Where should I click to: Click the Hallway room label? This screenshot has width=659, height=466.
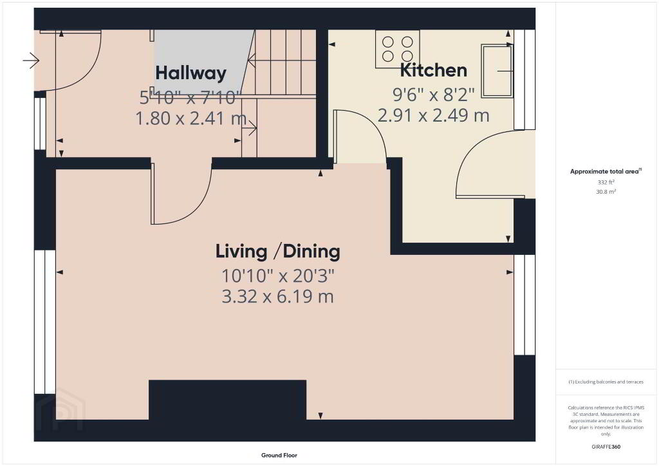pos(190,73)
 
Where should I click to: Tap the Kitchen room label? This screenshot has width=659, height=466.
pos(433,70)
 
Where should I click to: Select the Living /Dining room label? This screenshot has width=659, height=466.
pos(278,251)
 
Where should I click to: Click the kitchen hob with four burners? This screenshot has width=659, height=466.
pos(397,49)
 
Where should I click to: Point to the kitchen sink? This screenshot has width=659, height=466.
pos(497,71)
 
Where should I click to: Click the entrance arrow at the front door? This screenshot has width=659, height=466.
pos(31,61)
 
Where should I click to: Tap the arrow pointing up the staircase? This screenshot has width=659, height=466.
pos(282,61)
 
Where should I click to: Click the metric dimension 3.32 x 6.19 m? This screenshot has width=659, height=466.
pos(278,297)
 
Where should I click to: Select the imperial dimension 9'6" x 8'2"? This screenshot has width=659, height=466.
pos(433,95)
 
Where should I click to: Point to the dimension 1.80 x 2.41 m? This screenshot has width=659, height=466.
pos(190,118)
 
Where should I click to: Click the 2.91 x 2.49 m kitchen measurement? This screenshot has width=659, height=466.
pos(433,115)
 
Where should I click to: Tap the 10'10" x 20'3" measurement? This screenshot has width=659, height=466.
pos(278,276)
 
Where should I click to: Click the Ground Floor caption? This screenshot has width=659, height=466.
pos(279,455)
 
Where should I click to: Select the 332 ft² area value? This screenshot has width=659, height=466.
pos(606,182)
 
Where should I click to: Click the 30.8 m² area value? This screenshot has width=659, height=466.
pos(606,192)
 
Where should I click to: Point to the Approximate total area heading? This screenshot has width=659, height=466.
pos(606,171)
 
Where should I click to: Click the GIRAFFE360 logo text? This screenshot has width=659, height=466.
pos(606,447)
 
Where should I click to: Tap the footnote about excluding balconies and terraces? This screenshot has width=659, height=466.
pos(606,382)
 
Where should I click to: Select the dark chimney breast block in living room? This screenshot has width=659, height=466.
pos(227,400)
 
